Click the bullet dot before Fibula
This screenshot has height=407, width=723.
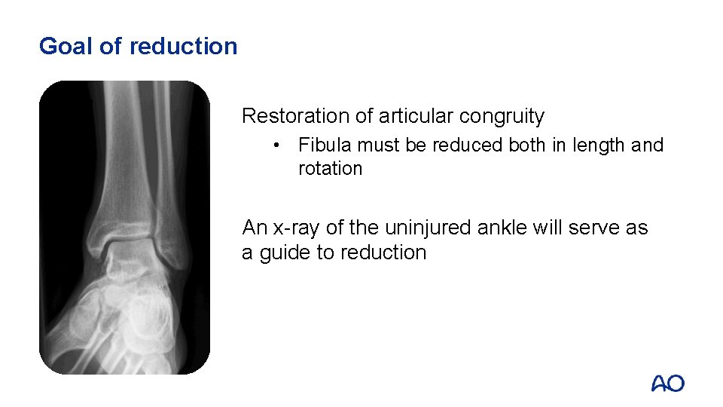[278, 145]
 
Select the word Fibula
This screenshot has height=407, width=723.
[322, 145]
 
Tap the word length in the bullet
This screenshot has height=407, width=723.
[597, 145]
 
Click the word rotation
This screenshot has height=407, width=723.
[330, 168]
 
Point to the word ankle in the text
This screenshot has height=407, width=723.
[505, 228]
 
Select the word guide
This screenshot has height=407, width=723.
[285, 252]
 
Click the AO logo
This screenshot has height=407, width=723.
[667, 384]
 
